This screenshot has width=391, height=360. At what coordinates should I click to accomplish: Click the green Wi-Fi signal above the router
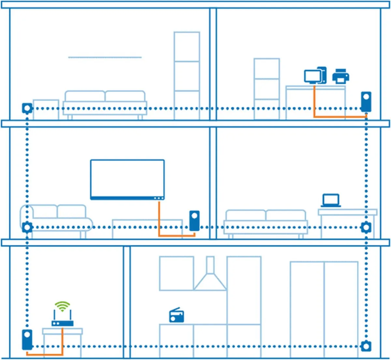62,306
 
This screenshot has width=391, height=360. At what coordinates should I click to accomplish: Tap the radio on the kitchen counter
177,316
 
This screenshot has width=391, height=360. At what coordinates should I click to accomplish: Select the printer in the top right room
340,77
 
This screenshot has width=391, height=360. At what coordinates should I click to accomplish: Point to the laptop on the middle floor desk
331,200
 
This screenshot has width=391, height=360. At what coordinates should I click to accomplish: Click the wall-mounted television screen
127,179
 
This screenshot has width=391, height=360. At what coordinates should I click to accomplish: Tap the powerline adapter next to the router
27,339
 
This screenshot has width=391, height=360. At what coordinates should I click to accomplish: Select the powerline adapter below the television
194,221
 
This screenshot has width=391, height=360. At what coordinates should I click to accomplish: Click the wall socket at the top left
27,108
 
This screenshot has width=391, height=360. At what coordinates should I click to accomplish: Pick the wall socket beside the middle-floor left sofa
27,227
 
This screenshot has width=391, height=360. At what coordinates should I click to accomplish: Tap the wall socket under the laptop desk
366,227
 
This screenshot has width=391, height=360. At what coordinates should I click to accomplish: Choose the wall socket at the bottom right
366,346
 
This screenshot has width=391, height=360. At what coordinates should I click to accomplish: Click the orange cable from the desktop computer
339,116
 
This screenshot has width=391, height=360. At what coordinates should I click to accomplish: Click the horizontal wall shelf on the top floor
105,57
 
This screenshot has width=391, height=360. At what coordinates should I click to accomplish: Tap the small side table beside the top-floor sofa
46,109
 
